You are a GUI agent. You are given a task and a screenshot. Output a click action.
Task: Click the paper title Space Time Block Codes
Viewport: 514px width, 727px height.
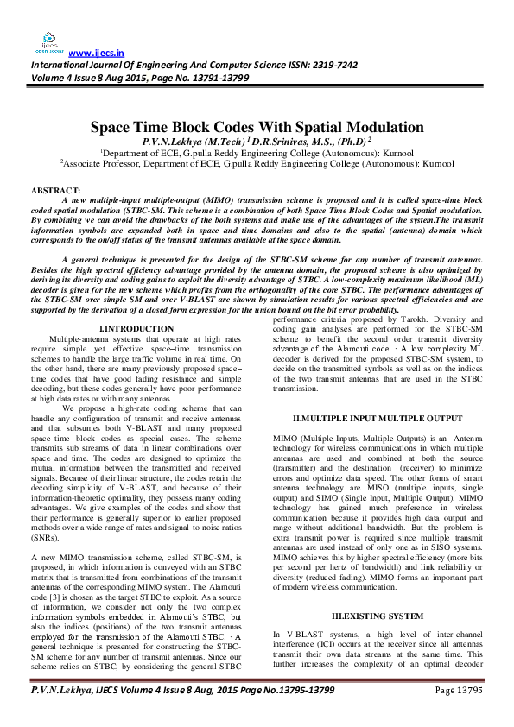pyautogui.click(x=257, y=127)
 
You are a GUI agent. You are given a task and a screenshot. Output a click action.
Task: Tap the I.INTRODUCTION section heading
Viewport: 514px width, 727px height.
pyautogui.click(x=136, y=330)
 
